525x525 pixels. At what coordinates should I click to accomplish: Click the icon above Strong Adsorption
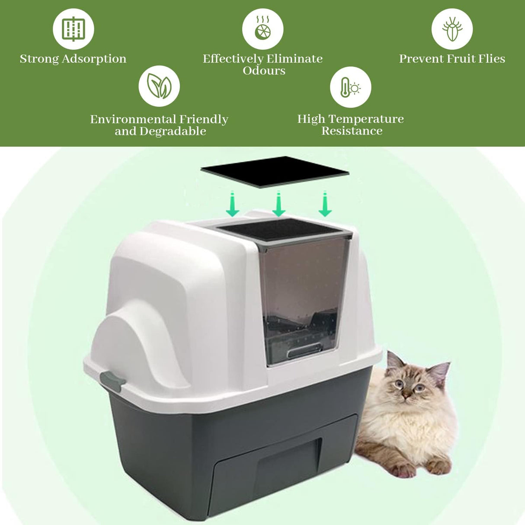pyautogui.click(x=73, y=29)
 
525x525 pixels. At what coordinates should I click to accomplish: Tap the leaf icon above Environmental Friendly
pyautogui.click(x=159, y=86)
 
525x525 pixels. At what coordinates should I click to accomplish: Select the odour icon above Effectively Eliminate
pyautogui.click(x=262, y=29)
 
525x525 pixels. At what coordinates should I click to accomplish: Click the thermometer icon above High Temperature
pyautogui.click(x=350, y=87)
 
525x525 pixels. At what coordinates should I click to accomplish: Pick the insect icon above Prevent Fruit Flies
pyautogui.click(x=452, y=29)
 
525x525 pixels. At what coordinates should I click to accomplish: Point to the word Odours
pyautogui.click(x=264, y=70)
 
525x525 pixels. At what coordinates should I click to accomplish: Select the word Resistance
pyautogui.click(x=352, y=131)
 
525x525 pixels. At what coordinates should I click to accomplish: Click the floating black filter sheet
pyautogui.click(x=274, y=172)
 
